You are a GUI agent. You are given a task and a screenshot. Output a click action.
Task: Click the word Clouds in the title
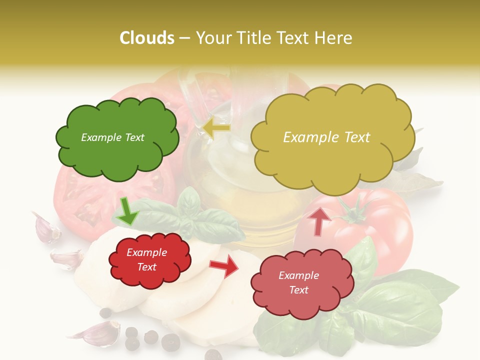coord(147,38)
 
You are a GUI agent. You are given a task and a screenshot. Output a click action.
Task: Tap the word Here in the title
coord(335,38)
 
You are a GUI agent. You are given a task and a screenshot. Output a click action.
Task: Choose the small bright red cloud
coord(149,260)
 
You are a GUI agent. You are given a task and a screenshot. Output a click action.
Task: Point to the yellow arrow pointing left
coord(217,127)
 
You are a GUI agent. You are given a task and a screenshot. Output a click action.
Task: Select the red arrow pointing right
coord(224,266)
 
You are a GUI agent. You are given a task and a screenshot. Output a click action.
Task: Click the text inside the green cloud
coord(112,137)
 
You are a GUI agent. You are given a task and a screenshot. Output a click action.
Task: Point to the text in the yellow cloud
coord(326,137)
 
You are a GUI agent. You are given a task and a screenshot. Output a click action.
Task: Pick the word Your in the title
coord(212,38)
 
